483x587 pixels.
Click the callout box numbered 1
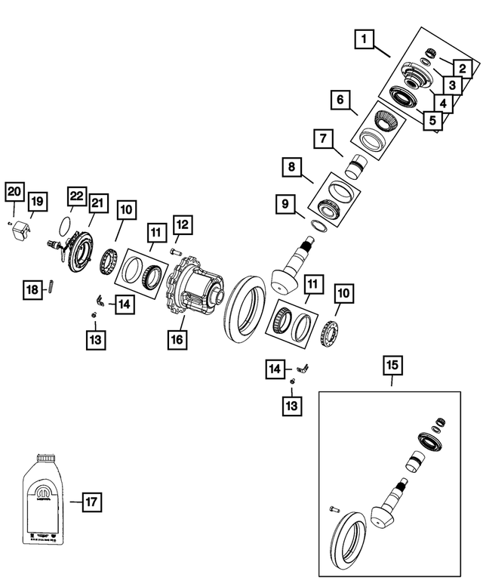pos(365,39)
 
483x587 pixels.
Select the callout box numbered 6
pos(340,100)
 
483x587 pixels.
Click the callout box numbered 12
pos(182,224)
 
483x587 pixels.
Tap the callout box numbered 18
pos(32,289)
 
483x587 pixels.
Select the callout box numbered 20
pos(14,192)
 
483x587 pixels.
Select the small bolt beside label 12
pos(174,252)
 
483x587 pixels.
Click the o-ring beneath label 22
pos(66,224)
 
